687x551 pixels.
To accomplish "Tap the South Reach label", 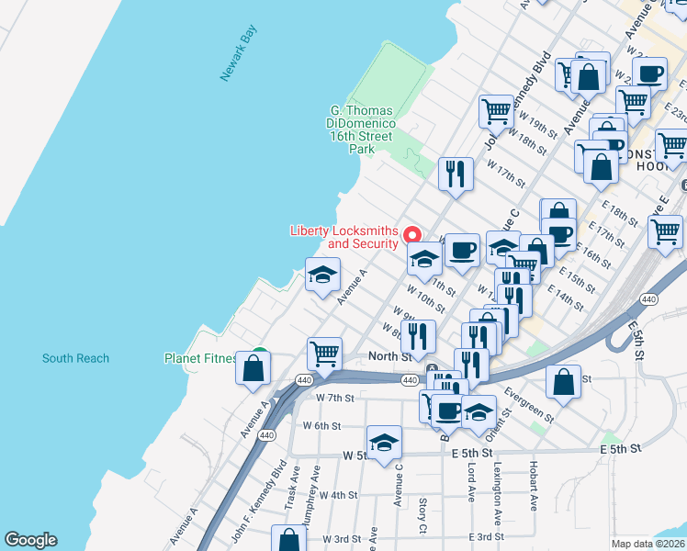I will [75, 358].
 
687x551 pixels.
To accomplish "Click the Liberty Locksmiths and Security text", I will [344, 237].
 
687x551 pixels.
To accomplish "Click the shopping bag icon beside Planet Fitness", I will [253, 368].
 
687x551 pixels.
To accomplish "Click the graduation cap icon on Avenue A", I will [323, 275].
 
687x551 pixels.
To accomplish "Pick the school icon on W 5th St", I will [385, 443].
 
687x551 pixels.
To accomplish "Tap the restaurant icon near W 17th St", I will [456, 174].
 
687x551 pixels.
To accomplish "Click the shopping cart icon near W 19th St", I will [496, 111].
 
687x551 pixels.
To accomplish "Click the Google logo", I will [30, 540].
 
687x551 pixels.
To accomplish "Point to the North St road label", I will [387, 356].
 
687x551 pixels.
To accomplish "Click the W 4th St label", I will [337, 495].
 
